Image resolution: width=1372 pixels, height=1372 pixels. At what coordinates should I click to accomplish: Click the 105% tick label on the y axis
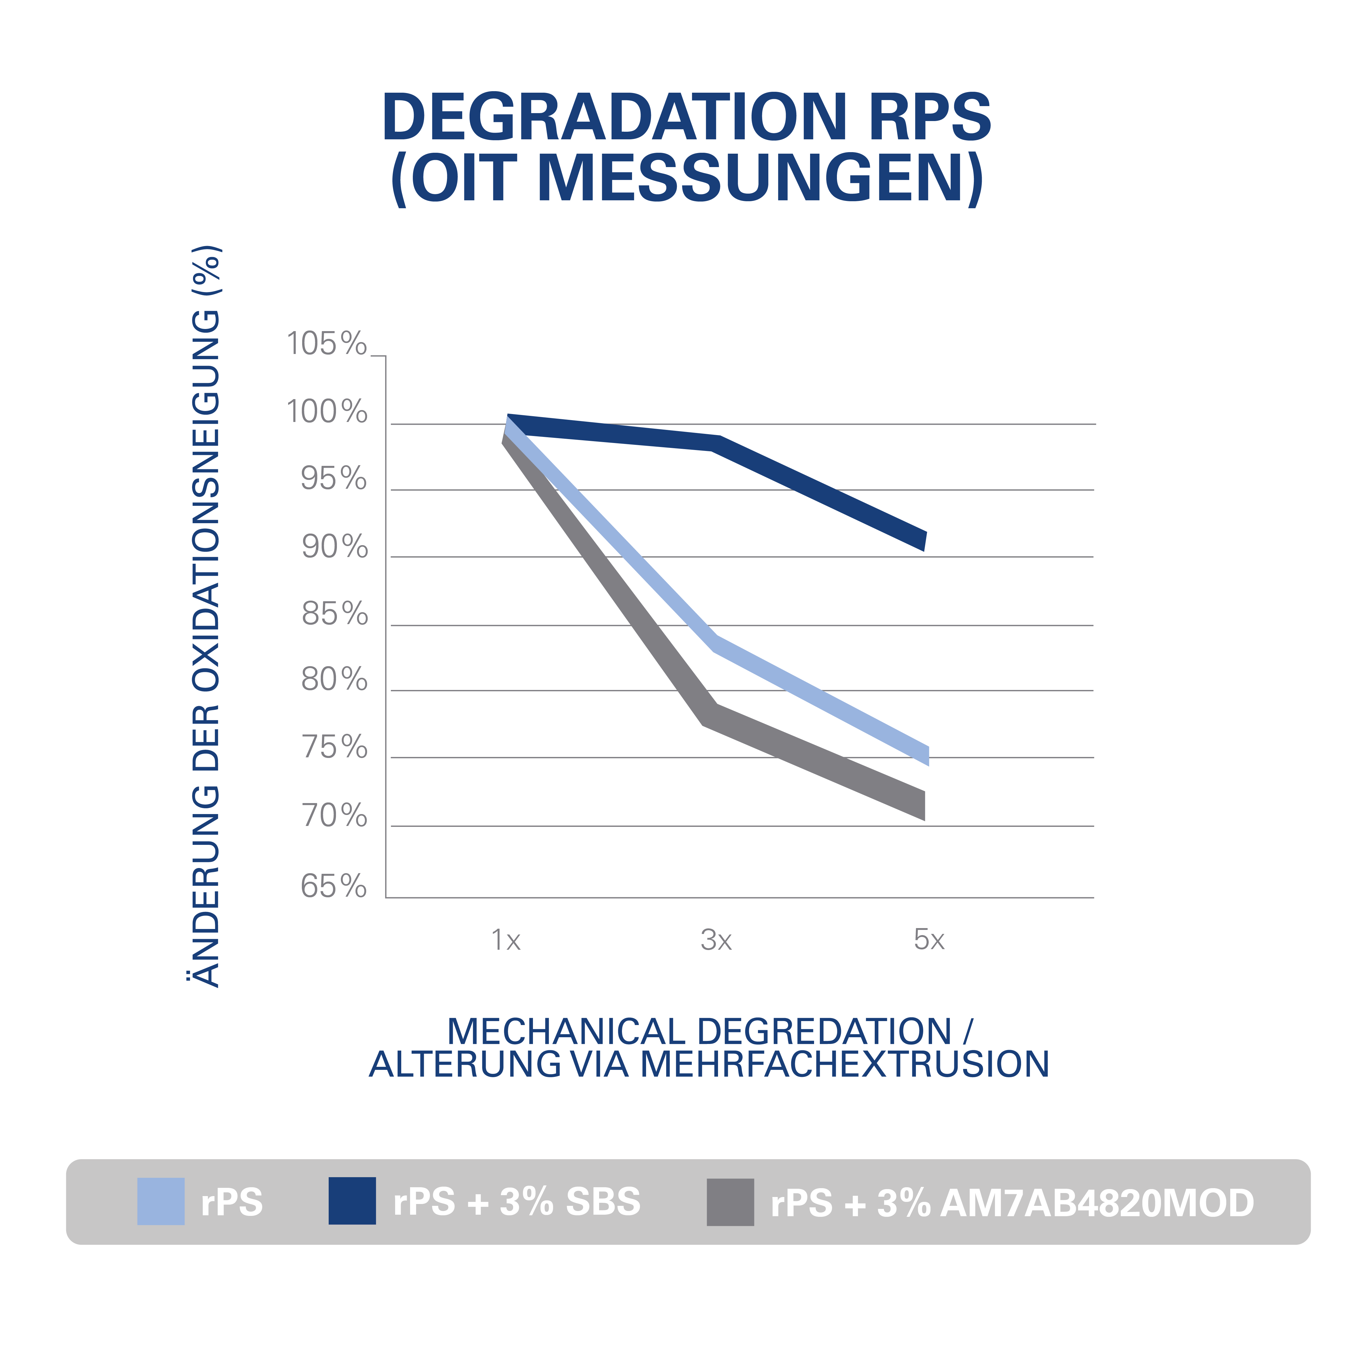[x=327, y=345]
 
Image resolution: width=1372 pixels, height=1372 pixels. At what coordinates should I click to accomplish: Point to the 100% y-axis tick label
[x=327, y=412]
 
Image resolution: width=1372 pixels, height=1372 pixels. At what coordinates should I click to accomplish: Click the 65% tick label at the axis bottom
[x=334, y=886]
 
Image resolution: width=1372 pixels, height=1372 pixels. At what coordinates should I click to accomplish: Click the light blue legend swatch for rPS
[x=160, y=1202]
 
